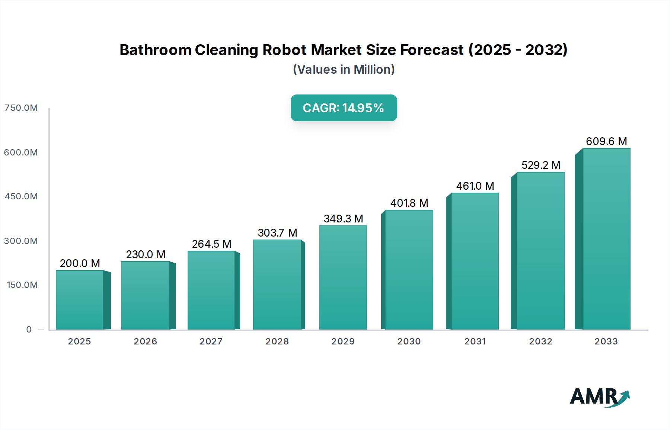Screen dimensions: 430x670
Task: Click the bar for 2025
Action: click(80, 300)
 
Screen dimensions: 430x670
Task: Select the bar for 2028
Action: click(277, 285)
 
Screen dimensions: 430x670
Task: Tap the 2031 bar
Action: click(475, 261)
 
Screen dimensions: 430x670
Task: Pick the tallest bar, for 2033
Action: click(606, 239)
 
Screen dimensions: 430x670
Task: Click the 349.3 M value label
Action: click(343, 219)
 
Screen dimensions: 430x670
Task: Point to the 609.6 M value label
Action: click(606, 141)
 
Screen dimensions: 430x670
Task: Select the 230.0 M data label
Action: click(146, 254)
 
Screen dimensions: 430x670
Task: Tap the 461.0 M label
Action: click(475, 186)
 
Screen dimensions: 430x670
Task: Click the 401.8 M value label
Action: click(409, 203)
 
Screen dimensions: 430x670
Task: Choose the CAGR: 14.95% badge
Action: click(344, 108)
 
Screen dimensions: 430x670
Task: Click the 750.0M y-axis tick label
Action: click(21, 108)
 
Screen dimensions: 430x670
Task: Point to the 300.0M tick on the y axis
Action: click(21, 241)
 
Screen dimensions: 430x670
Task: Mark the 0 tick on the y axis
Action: click(29, 330)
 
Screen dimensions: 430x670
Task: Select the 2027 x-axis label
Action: click(211, 341)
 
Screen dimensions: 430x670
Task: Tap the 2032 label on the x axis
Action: click(540, 341)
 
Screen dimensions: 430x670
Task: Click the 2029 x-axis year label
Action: click(343, 341)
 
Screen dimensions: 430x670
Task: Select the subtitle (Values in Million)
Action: click(344, 70)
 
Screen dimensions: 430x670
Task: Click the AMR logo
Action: click(599, 397)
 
